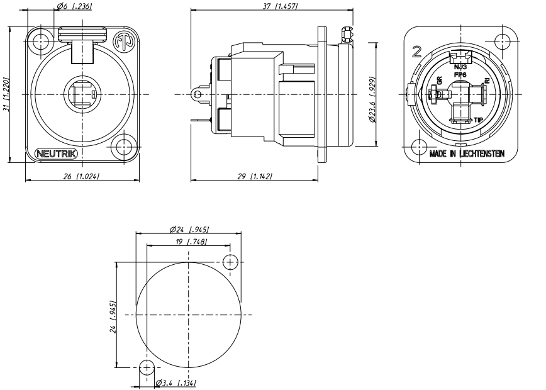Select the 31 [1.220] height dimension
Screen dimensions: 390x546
7,94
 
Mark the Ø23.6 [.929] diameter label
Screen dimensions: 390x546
373,94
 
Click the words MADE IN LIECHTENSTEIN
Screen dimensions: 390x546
466,153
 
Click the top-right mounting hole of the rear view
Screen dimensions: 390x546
503,41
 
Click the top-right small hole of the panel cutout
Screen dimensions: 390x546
231,262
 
